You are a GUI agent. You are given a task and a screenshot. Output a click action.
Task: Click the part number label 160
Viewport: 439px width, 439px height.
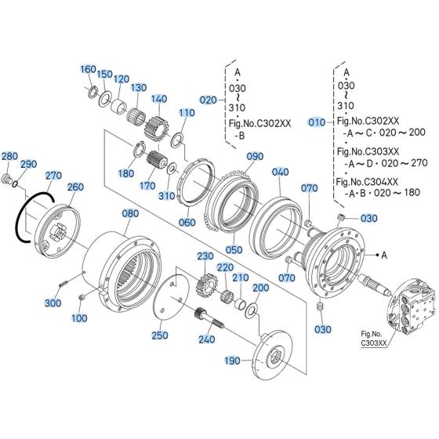pos(88,70)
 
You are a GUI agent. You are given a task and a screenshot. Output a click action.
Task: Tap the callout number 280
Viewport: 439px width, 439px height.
pos(9,157)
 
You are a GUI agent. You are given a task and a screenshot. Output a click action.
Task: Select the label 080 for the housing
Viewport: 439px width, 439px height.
pos(129,213)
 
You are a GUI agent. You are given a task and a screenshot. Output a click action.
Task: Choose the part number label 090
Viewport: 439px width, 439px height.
pos(256,157)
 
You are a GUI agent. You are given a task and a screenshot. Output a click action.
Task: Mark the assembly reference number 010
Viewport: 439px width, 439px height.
pos(316,122)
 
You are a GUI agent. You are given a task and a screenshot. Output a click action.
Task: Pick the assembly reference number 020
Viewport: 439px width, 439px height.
pos(208,100)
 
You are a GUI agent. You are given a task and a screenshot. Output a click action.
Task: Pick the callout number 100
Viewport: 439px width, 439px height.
pos(79,318)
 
